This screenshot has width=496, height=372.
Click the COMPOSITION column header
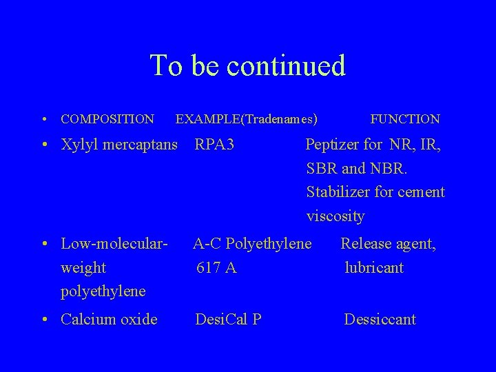point(107,119)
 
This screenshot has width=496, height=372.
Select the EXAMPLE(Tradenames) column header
point(247,119)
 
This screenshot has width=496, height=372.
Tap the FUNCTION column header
point(405,119)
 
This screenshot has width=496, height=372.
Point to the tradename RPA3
point(215,145)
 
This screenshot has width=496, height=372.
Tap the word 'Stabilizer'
point(338,192)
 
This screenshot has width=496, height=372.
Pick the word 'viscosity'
point(335,216)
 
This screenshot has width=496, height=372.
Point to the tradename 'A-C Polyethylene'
point(252,243)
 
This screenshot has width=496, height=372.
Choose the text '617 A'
point(216,267)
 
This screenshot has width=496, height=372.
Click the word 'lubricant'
point(374,267)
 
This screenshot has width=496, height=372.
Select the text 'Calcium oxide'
point(109,319)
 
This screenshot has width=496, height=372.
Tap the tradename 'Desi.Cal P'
point(228,319)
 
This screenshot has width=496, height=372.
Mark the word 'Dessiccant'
point(380,319)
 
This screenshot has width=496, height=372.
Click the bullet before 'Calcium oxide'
point(43,320)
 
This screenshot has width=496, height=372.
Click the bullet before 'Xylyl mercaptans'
point(43,145)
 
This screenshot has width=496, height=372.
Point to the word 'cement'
point(421,192)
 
